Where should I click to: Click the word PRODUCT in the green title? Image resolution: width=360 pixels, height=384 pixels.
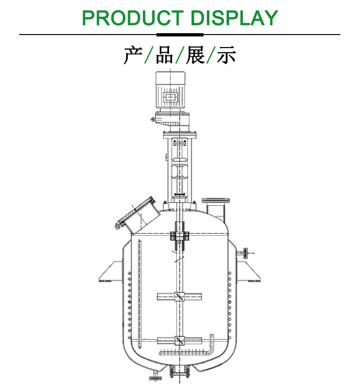click(132, 18)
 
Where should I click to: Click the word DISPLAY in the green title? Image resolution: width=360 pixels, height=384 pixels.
click(234, 18)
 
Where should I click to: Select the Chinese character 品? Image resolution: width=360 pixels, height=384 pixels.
click(164, 55)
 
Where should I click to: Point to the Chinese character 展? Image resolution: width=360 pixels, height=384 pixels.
click(195, 55)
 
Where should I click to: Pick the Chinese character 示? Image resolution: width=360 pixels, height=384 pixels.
click(227, 55)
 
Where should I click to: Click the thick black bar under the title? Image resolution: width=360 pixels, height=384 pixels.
click(180, 35)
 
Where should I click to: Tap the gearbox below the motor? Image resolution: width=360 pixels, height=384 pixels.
click(171, 120)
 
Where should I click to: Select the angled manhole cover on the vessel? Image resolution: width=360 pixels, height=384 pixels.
click(135, 212)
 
